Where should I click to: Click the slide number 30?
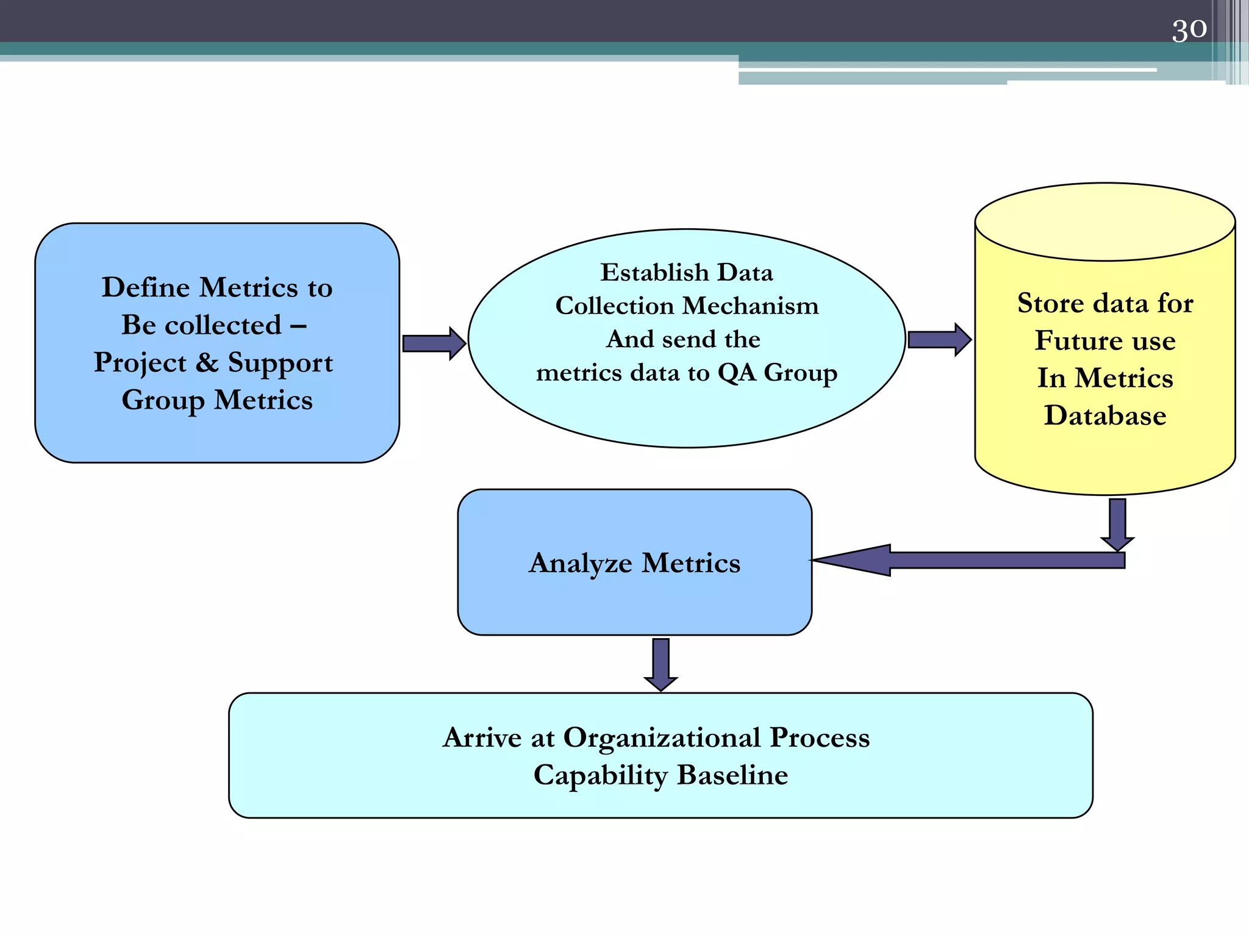pos(1189,29)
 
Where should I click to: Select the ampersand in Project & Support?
pos(207,362)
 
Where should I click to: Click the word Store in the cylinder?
pos(1050,303)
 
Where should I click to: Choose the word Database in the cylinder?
pos(1105,416)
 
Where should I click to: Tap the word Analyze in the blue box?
pos(580,563)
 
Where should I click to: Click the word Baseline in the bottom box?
pos(732,775)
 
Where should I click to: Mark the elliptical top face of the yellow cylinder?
pos(1105,221)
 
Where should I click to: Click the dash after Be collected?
pos(298,326)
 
